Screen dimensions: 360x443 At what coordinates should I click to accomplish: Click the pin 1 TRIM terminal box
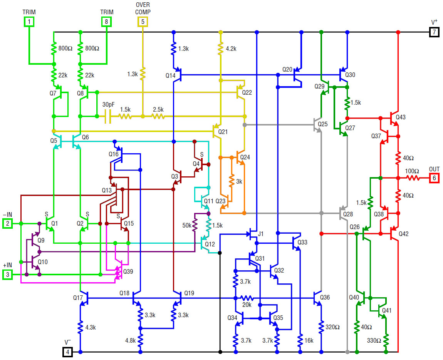(x=29, y=22)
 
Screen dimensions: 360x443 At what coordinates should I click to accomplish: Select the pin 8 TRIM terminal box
(x=106, y=22)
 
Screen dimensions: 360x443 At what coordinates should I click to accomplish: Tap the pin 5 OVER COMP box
(x=143, y=22)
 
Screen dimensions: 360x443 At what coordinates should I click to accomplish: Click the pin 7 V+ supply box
(x=434, y=32)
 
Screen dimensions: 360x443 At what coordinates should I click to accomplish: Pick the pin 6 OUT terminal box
(x=434, y=178)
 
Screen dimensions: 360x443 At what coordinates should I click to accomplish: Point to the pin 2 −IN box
(x=7, y=223)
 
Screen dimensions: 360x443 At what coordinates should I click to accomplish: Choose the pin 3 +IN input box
(x=7, y=275)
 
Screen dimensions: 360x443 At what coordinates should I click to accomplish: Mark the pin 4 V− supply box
(x=67, y=352)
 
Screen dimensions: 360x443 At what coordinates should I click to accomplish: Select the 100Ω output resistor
(x=413, y=178)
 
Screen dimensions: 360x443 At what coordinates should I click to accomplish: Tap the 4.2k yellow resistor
(x=220, y=49)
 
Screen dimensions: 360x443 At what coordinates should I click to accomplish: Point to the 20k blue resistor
(x=247, y=298)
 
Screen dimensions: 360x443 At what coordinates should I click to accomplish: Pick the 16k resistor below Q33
(x=300, y=340)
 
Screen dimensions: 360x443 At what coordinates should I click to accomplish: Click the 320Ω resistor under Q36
(x=321, y=327)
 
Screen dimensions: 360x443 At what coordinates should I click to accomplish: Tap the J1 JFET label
(x=261, y=234)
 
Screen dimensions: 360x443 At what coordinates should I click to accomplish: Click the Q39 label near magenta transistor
(x=128, y=271)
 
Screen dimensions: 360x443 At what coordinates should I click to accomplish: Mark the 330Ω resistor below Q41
(x=386, y=340)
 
